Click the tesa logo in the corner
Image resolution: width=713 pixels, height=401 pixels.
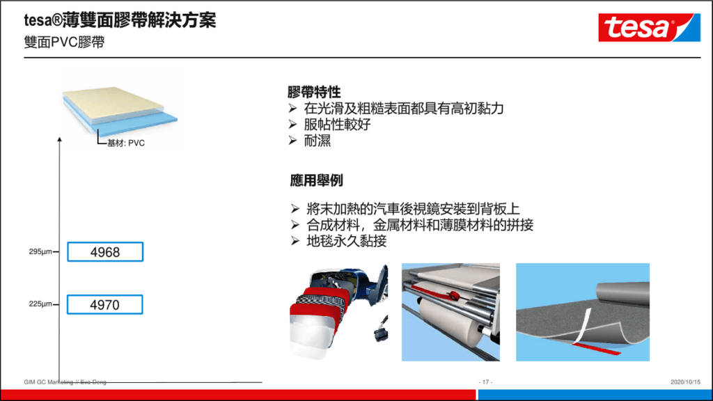click(649, 27)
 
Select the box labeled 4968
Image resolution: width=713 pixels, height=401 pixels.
click(105, 252)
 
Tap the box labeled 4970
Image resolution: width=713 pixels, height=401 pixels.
click(105, 305)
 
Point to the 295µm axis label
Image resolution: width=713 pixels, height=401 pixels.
click(40, 251)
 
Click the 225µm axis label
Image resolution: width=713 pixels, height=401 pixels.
click(40, 304)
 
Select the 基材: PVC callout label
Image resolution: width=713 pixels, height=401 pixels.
click(126, 143)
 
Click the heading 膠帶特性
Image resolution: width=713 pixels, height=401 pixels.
click(314, 93)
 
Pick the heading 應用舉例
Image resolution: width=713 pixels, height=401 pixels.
click(317, 180)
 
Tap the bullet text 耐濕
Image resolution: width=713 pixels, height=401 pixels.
click(318, 141)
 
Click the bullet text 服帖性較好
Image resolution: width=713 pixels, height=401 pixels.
click(338, 125)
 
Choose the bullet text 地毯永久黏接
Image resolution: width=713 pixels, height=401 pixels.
click(347, 241)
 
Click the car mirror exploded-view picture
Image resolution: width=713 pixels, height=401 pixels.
click(339, 312)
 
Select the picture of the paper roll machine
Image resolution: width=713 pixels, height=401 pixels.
click(450, 312)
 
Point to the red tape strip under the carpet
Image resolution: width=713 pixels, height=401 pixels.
click(596, 348)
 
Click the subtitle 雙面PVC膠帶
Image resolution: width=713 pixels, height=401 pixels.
click(64, 42)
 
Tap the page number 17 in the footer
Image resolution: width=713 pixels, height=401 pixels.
click(485, 382)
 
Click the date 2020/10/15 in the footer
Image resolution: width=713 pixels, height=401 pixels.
click(685, 382)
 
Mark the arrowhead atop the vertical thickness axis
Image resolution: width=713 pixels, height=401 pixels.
click(60, 139)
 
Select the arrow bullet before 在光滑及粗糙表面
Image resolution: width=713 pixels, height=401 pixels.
click(293, 108)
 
